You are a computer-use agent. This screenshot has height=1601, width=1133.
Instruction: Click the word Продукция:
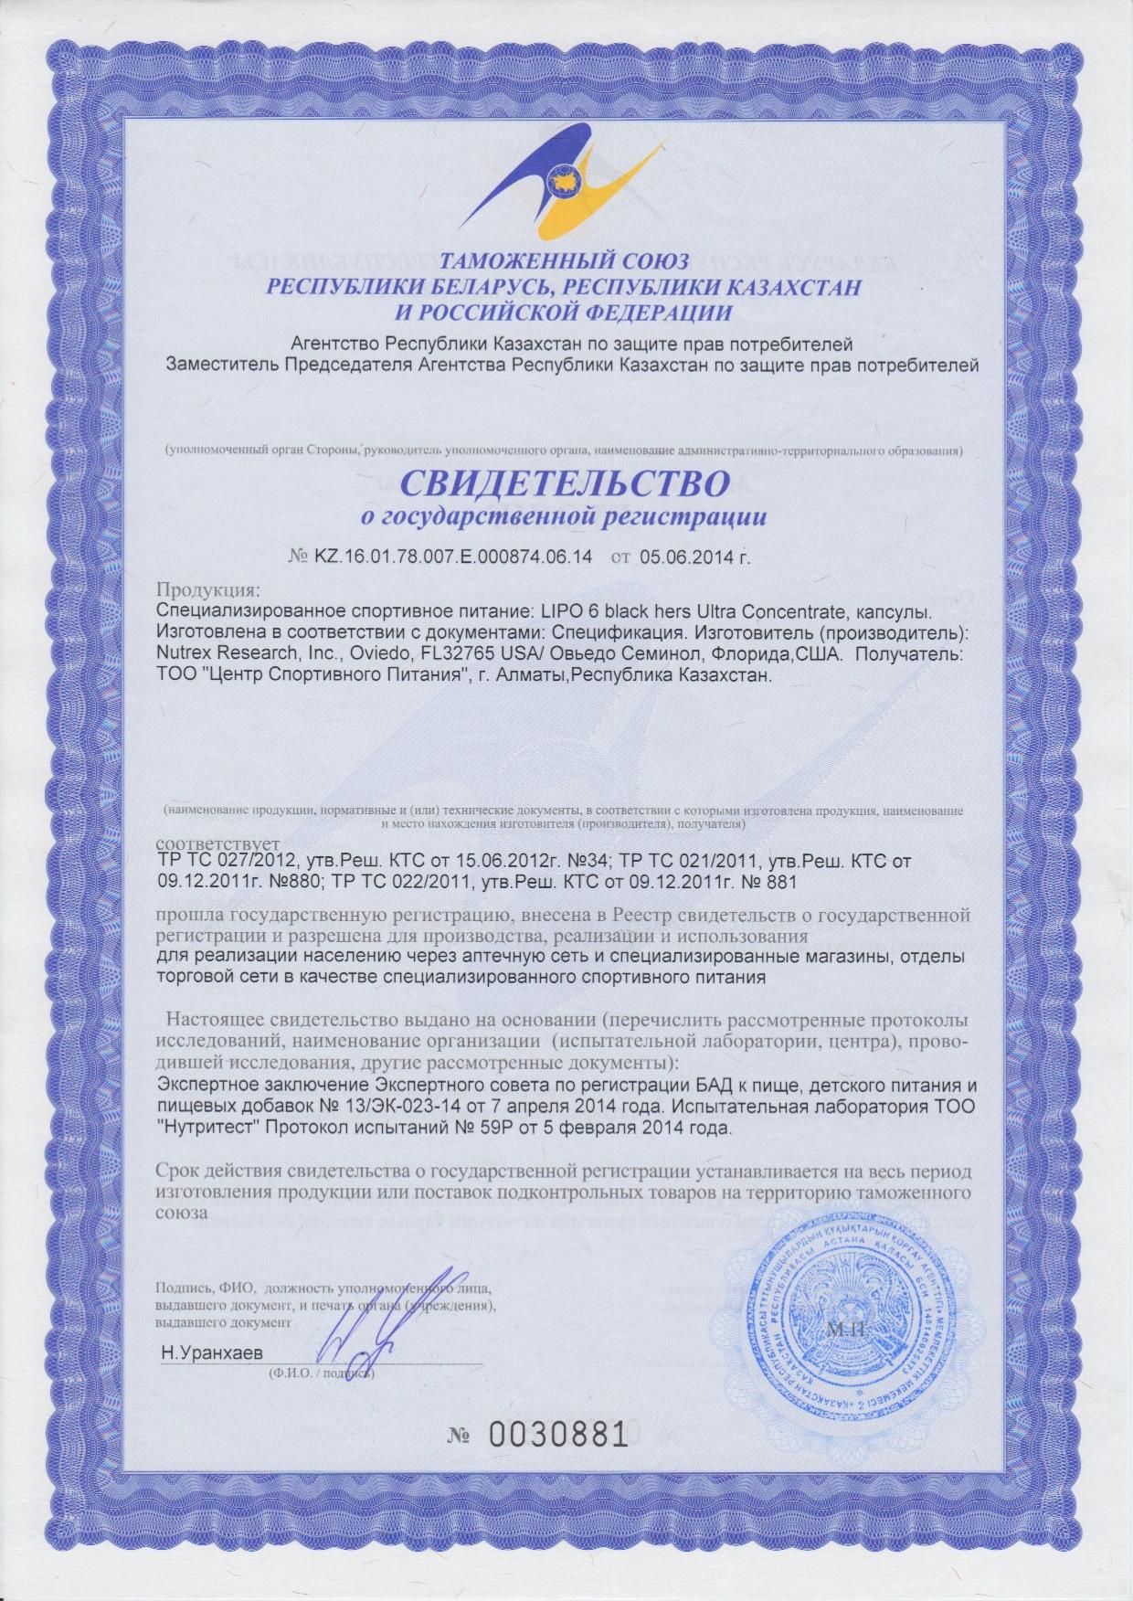tap(209, 587)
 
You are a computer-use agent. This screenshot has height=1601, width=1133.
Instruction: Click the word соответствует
tap(219, 841)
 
